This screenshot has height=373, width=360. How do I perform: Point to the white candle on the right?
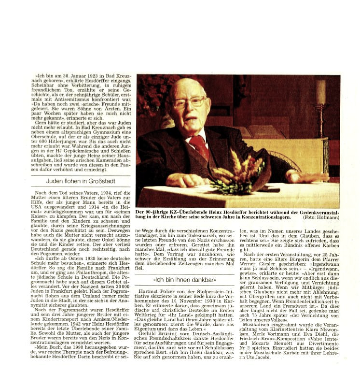click(x=320, y=92)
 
